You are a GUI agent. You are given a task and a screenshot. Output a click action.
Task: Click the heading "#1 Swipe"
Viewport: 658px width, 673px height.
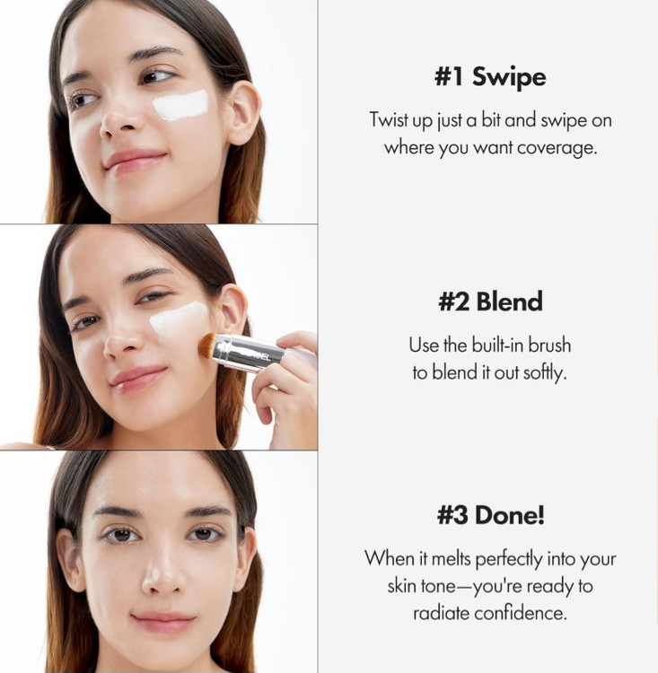(490, 77)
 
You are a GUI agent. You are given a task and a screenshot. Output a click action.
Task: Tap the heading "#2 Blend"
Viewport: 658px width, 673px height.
(490, 301)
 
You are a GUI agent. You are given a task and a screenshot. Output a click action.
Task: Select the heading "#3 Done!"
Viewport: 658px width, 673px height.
(490, 515)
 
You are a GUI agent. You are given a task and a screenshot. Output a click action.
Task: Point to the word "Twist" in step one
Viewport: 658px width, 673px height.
(389, 119)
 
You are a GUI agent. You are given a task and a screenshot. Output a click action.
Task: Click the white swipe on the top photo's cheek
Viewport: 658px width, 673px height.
(180, 106)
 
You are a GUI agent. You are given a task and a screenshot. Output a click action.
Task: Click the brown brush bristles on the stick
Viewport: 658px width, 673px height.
(208, 345)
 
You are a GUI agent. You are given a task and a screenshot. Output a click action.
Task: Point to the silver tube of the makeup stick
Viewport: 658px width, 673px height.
(250, 353)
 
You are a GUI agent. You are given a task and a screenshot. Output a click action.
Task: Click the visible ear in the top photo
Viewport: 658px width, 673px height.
(243, 114)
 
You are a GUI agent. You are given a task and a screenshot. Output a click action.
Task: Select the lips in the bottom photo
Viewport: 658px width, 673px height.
(163, 622)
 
